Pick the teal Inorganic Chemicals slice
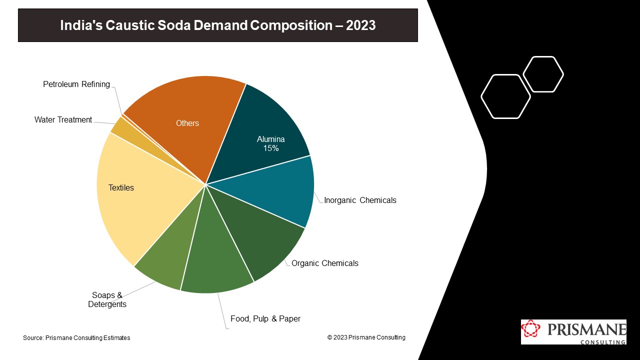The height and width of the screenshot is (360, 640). [280, 192]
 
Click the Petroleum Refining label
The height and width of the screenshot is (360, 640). [76, 84]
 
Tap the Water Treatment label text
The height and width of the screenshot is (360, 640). [63, 119]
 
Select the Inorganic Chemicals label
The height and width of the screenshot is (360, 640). [360, 200]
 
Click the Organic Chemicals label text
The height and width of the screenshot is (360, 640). [325, 263]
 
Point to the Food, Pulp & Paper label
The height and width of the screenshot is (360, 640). [265, 318]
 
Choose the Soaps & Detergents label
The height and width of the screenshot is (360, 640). [107, 299]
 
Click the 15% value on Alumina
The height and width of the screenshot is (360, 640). [270, 148]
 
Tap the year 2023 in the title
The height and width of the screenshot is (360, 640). [360, 25]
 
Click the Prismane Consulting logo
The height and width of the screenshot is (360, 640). [573, 332]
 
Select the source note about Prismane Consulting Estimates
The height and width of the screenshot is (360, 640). [76, 338]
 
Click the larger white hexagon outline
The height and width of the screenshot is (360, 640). [505, 96]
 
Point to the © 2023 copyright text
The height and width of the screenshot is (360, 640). [366, 337]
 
